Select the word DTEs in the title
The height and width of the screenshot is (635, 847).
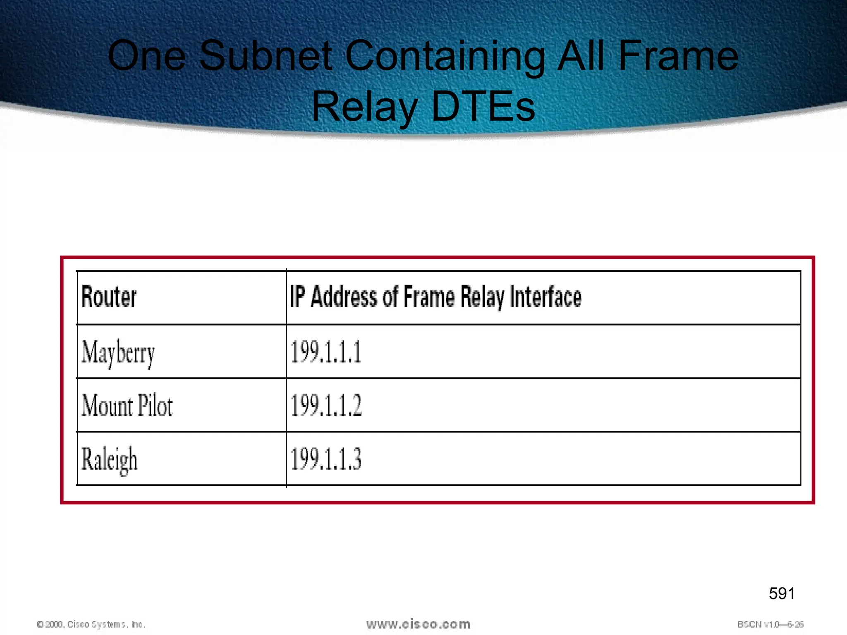483,107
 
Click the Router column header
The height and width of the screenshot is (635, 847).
109,297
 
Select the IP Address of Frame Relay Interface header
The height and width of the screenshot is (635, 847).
435,297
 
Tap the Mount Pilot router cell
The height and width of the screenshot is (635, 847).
127,406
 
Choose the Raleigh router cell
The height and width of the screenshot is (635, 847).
109,459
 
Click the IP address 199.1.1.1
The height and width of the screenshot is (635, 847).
326,352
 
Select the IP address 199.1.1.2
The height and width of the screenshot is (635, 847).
326,406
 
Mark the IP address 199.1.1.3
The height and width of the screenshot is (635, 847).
326,459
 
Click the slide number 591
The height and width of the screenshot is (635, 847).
782,594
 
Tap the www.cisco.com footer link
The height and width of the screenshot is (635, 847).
418,624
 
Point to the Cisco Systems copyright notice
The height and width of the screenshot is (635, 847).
91,624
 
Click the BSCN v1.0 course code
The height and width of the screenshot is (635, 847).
770,624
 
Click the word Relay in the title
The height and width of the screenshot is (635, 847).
364,107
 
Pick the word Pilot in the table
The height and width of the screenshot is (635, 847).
155,406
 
